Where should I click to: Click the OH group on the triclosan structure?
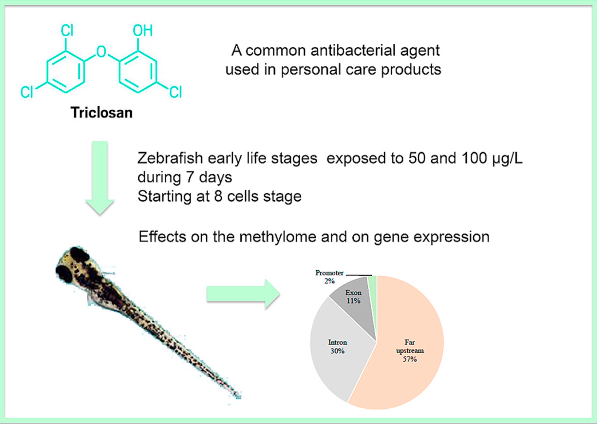point(142,31)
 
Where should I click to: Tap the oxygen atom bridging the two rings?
point(101,52)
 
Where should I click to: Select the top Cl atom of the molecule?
point(67,31)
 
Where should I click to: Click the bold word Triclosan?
point(102,113)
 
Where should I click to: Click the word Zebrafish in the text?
point(170,158)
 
